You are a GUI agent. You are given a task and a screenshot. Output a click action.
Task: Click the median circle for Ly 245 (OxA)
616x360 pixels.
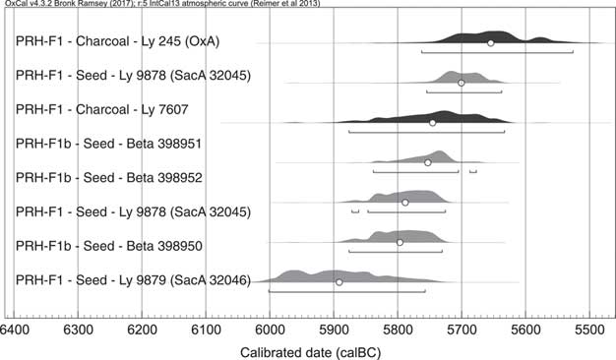491,42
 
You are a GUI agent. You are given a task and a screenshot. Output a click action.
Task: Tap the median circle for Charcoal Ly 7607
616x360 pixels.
432,123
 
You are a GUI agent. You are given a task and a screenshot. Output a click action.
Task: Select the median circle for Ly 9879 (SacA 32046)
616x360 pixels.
339,282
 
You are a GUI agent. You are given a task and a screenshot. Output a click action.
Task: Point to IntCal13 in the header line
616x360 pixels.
191,4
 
